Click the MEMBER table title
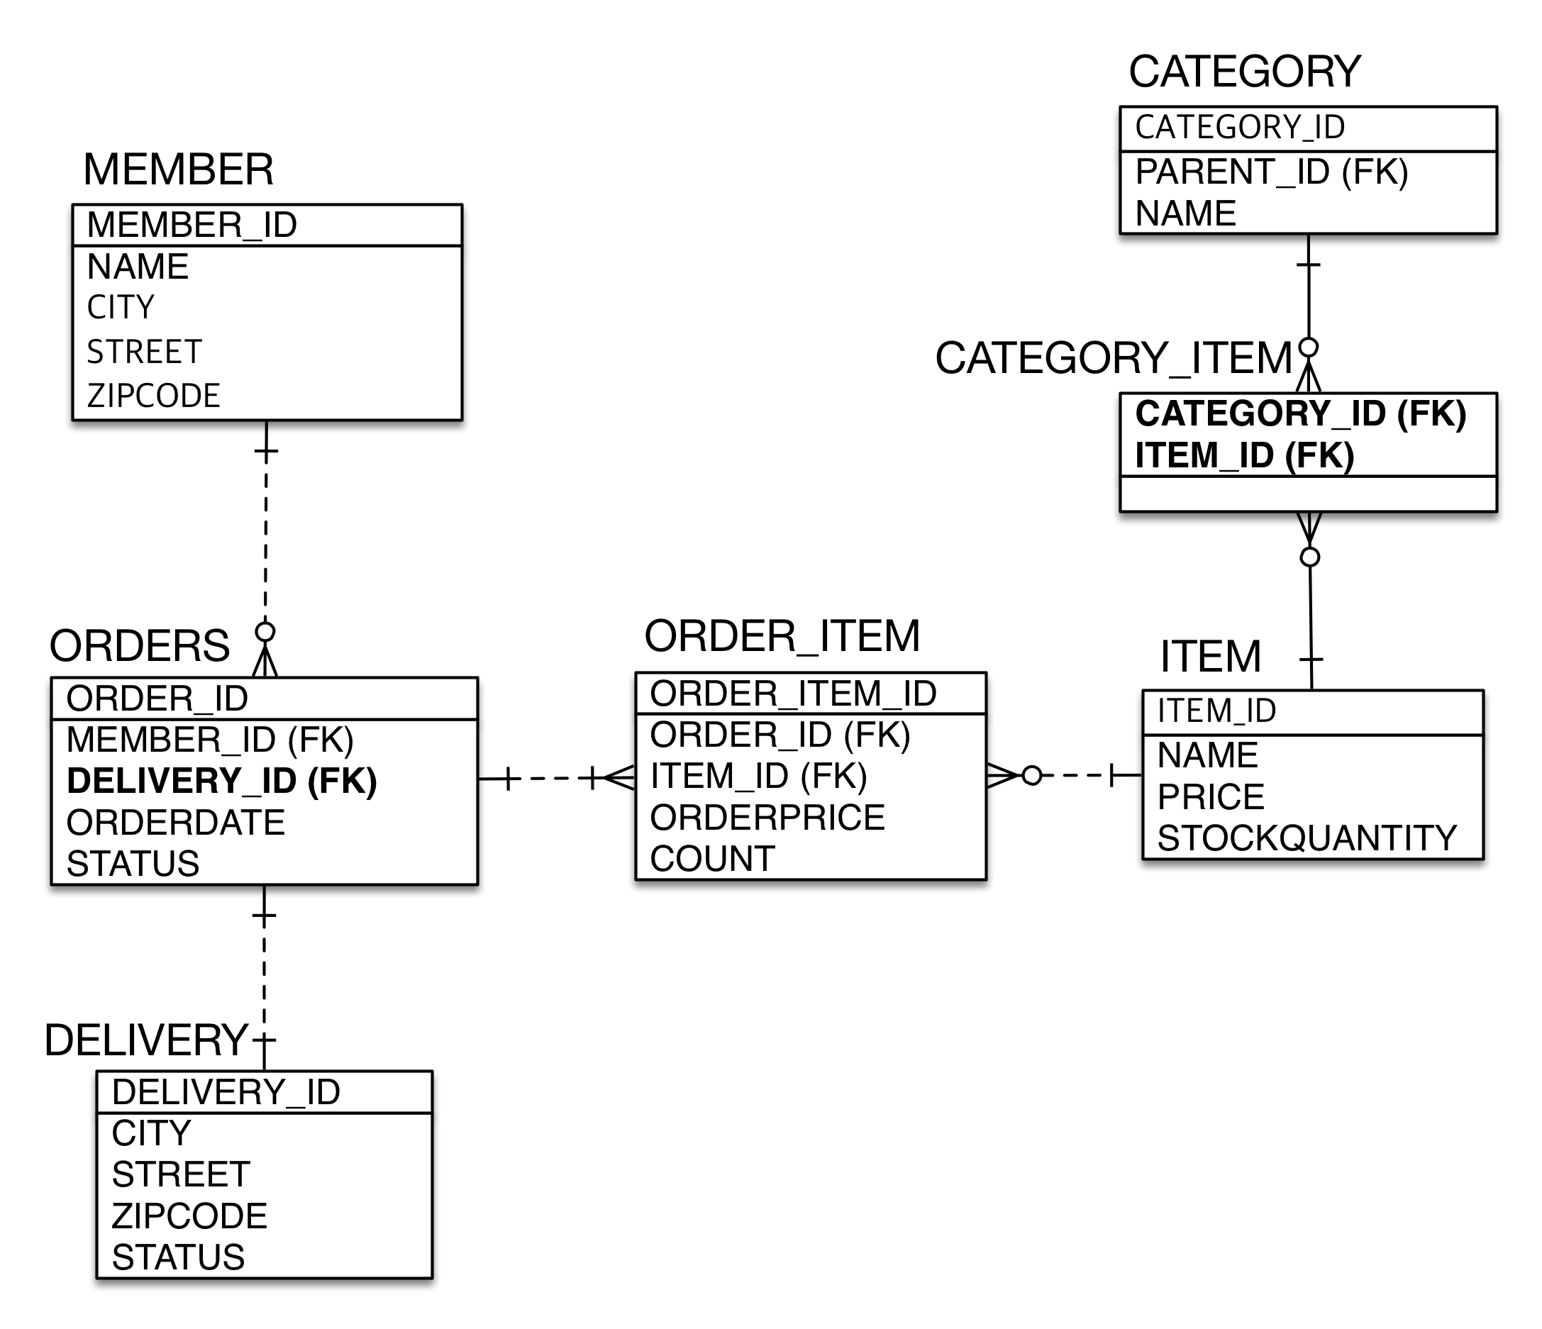(179, 169)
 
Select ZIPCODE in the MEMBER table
(153, 396)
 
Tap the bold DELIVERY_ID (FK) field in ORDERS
(222, 781)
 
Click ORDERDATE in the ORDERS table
(176, 822)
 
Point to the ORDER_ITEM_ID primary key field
(793, 694)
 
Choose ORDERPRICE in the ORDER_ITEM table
(767, 817)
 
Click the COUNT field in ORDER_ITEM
(712, 859)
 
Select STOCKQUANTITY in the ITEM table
(1307, 838)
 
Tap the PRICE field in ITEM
(1211, 797)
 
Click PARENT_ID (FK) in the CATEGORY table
(1272, 172)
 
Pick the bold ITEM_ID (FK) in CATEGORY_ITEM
(1244, 455)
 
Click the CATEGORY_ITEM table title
(1114, 359)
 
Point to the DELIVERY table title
(146, 1040)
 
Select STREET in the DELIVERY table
(181, 1174)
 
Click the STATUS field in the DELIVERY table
(179, 1257)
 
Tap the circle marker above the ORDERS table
(265, 632)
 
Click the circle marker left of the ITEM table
(1031, 775)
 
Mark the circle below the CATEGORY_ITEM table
(1310, 557)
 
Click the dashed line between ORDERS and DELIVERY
(264, 978)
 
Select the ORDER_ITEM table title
(782, 637)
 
